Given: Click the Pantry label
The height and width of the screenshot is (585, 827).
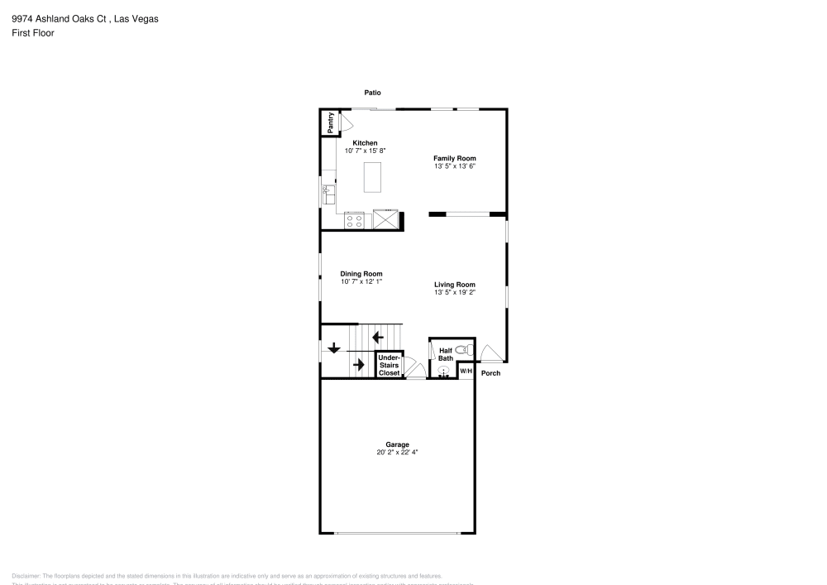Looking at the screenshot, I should pos(330,122).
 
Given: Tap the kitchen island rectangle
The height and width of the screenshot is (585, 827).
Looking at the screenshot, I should pos(374,176).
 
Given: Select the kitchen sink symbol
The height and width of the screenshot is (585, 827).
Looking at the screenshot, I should pos(327,194).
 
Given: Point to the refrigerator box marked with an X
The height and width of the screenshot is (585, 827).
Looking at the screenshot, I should pos(385,220).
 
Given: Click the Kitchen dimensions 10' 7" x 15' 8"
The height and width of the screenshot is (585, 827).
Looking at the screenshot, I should pos(365,151).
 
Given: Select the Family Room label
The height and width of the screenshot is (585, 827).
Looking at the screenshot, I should pos(455,158).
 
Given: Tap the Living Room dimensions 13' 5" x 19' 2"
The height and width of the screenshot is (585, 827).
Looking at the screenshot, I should pos(455,292).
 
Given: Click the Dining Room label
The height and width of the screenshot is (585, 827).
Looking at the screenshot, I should pos(361,274).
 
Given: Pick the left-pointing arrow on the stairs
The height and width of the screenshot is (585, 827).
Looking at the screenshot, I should pos(378,337).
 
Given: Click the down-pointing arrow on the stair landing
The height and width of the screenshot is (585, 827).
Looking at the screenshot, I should pos(333,348).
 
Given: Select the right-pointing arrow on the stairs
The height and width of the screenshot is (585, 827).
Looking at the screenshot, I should pos(359,364).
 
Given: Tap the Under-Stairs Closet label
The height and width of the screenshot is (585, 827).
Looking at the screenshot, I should pos(389,365).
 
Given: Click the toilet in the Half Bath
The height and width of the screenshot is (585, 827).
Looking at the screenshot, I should pos(461,350).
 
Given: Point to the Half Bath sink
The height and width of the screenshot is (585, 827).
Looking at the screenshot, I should pos(443,372).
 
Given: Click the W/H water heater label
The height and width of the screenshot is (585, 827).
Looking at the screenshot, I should pos(466,372).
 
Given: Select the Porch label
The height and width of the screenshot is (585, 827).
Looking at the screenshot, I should pos(491,373).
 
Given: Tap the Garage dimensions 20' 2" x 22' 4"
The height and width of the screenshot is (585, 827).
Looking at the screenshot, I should pos(398,453).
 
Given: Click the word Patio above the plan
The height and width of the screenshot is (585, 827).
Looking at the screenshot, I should pos(372,93).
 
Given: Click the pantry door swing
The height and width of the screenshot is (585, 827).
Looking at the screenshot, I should pos(347,122).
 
